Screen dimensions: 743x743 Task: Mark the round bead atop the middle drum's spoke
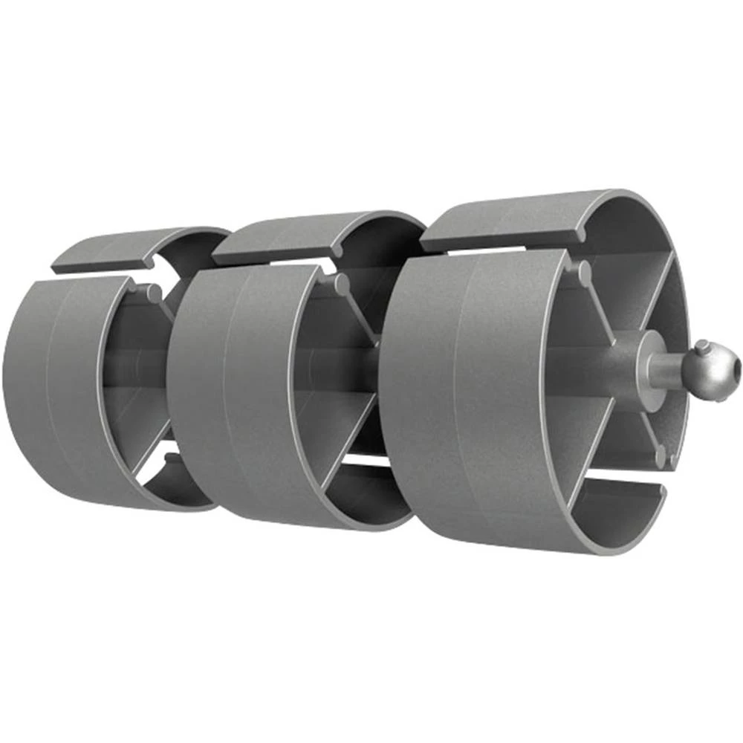[x=343, y=283]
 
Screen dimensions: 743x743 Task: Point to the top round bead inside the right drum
[x=584, y=273]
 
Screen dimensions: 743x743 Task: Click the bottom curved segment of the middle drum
[x=371, y=494]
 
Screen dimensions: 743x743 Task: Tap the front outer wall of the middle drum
[x=223, y=394]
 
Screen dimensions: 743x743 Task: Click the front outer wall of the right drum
[x=446, y=401]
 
